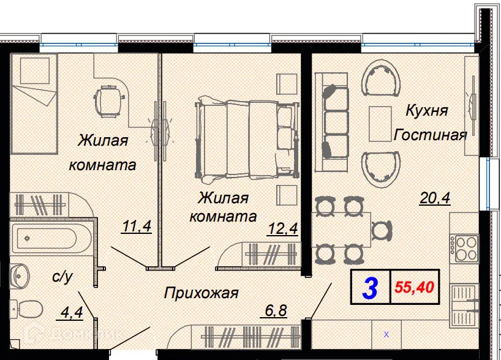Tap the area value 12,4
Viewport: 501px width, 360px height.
click(x=282, y=229)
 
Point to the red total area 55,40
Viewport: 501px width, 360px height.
click(x=418, y=287)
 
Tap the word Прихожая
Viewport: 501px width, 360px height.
click(x=201, y=293)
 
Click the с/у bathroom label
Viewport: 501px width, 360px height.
click(x=62, y=277)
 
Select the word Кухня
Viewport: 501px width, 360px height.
click(x=427, y=111)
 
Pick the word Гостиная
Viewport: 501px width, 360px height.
click(x=431, y=135)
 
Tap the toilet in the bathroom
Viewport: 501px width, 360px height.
click(x=28, y=310)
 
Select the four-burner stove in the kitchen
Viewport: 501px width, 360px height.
click(x=465, y=248)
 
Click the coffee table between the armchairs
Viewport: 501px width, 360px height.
click(x=380, y=122)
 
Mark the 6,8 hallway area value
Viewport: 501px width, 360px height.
click(x=276, y=310)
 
